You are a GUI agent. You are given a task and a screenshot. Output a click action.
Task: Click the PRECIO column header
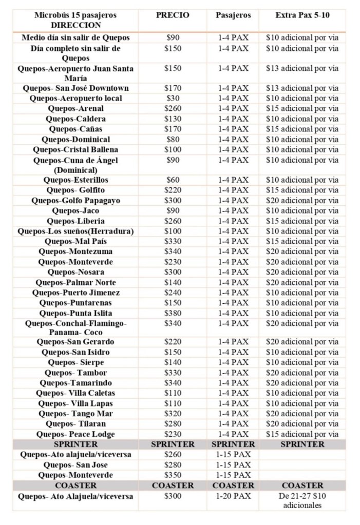173,15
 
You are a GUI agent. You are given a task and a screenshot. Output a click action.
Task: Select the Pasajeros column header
233,15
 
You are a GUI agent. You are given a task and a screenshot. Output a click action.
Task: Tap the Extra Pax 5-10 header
302,15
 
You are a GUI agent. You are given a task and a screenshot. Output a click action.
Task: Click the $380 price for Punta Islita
173,313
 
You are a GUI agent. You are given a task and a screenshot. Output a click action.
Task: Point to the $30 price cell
173,98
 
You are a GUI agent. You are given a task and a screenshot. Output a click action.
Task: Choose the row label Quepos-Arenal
75,108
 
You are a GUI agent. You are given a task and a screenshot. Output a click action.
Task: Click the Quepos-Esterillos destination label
75,180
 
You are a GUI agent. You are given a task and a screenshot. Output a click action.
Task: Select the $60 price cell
173,180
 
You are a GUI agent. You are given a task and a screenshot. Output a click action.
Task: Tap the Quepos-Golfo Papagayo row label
75,201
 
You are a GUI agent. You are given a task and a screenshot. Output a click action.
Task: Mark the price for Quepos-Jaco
173,211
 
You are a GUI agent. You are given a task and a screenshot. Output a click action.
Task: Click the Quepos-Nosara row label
75,272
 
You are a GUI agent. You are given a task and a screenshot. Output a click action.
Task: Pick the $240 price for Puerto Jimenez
173,293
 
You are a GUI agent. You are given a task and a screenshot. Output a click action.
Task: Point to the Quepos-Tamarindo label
75,383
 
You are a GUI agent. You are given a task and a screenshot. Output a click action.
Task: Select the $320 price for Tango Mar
173,414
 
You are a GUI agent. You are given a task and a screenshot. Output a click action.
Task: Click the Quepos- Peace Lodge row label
75,434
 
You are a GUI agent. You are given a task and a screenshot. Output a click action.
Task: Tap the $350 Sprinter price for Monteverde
173,475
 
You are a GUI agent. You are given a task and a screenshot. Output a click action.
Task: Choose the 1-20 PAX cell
233,496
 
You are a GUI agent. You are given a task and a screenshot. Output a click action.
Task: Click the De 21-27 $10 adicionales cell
302,501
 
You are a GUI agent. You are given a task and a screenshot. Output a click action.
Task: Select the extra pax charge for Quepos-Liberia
302,221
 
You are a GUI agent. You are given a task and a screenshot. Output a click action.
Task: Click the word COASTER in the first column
75,485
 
